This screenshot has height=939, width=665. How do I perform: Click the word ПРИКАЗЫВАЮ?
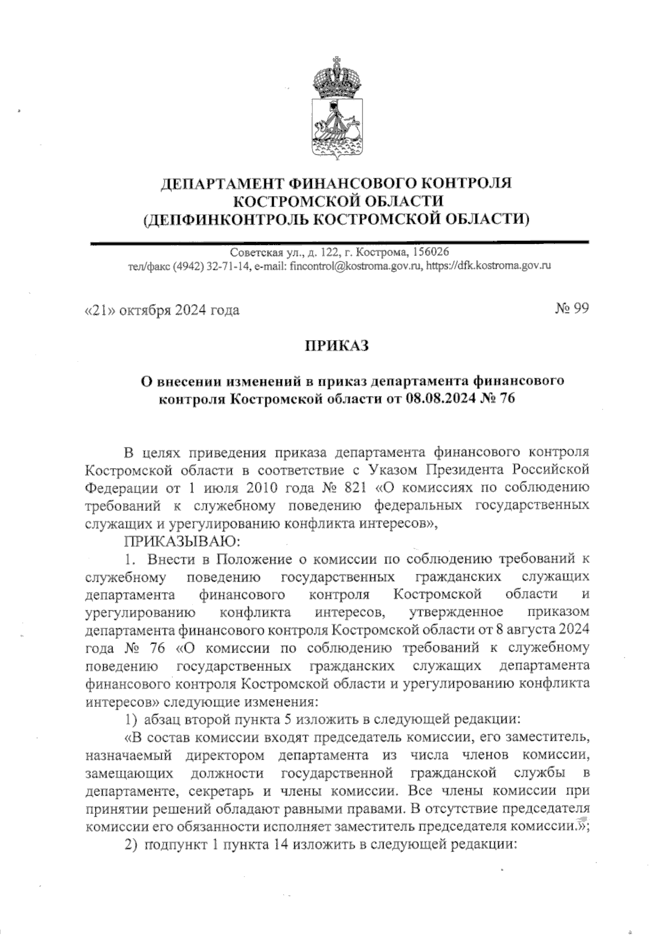pos(172,540)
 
